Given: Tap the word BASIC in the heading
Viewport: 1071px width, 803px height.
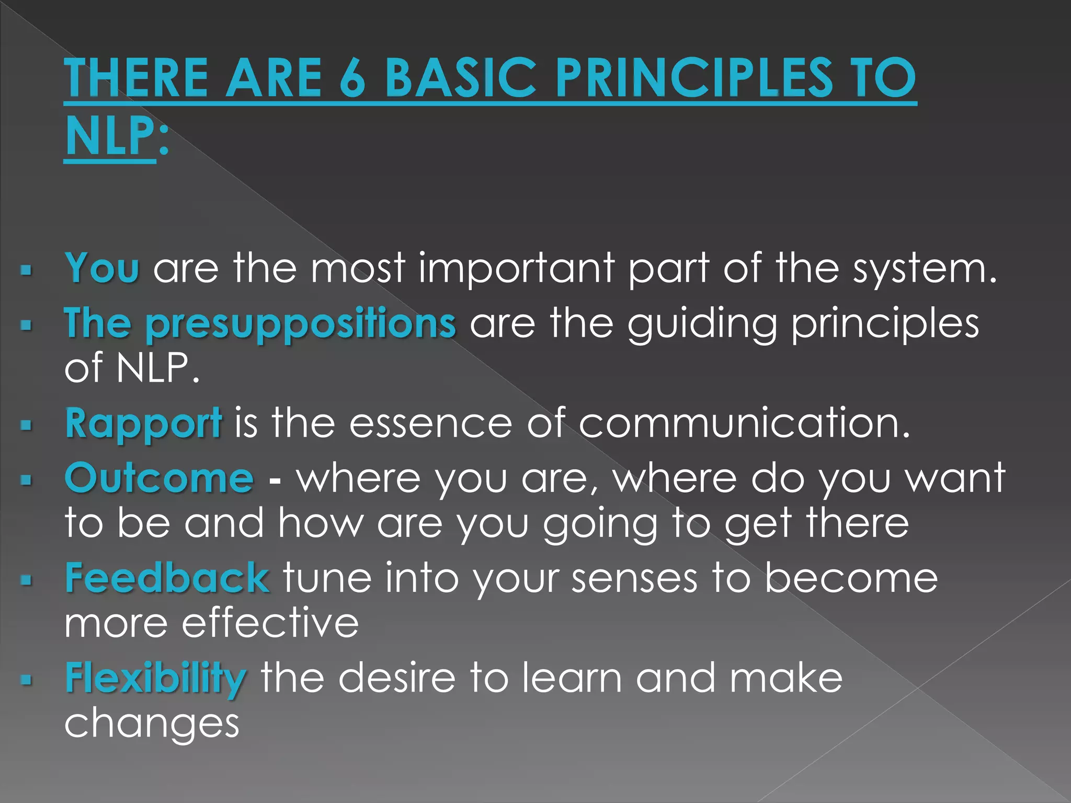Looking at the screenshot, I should point(460,78).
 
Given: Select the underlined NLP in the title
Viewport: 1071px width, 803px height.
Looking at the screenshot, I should point(109,137).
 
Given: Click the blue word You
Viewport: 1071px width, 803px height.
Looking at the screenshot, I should point(102,268).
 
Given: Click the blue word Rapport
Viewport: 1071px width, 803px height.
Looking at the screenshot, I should point(143,423).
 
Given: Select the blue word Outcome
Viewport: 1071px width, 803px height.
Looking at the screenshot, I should point(159,478).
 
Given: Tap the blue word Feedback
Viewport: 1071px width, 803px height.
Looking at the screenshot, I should point(167,578).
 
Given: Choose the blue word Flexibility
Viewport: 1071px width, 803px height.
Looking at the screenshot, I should point(155,679).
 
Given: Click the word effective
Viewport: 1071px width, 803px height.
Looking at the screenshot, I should point(270,623).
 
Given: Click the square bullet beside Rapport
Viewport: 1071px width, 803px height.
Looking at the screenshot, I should point(26,425).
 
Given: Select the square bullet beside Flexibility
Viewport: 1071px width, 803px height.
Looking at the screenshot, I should point(26,680).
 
